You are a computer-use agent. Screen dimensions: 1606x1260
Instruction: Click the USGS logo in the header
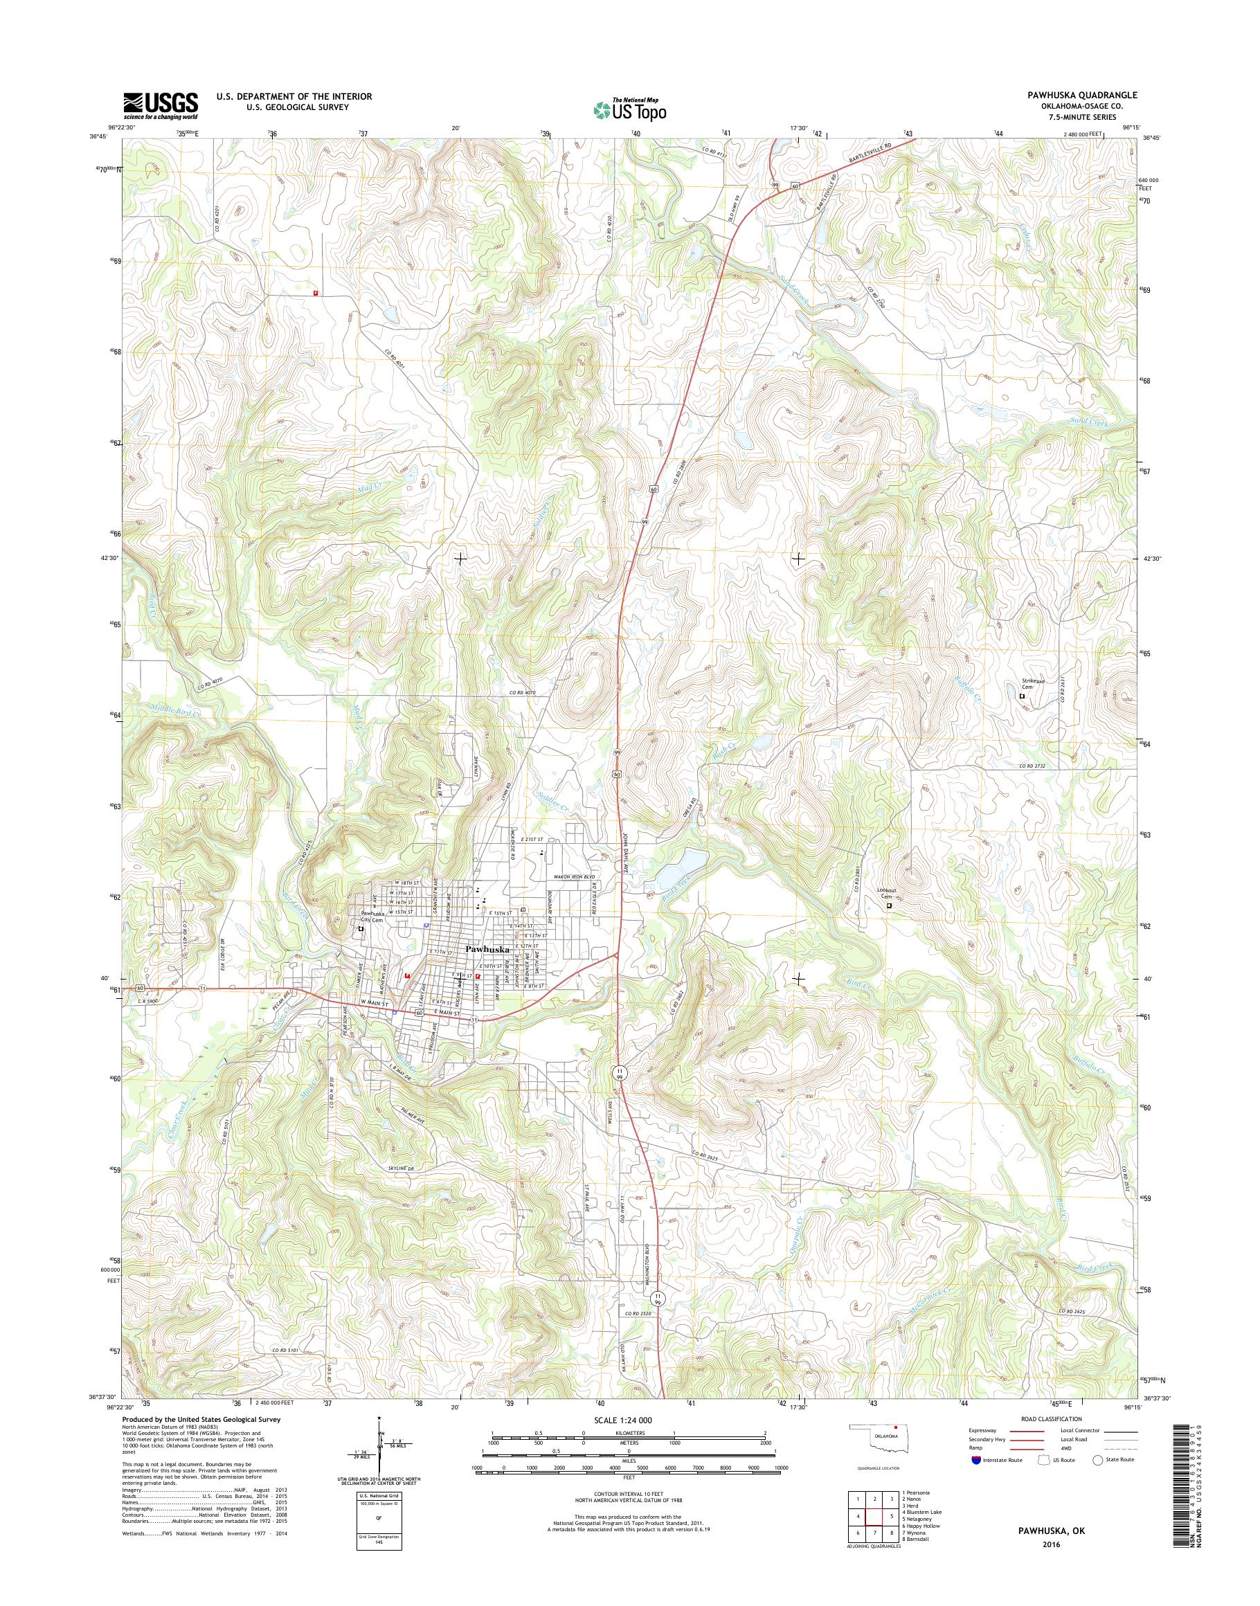click(x=160, y=105)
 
